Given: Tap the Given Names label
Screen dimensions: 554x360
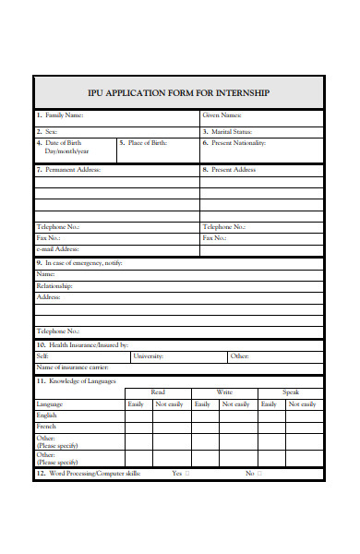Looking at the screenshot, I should click(222, 115).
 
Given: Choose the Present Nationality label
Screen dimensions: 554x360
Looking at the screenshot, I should click(238, 143).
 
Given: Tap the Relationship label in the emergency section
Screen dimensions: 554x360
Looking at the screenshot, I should click(54, 286).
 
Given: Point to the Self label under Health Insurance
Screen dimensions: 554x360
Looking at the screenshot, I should click(42, 355).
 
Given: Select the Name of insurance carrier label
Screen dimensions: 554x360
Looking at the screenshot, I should click(68, 367).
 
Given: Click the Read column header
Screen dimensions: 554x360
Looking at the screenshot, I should click(158, 392).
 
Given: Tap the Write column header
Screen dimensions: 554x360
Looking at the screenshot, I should click(224, 392).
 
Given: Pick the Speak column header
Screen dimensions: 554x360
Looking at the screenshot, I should click(291, 392).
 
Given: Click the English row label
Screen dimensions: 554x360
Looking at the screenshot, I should click(46, 415).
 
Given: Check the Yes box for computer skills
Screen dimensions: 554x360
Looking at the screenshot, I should click(187, 474).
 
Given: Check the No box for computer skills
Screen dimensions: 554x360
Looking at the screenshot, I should click(259, 474).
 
